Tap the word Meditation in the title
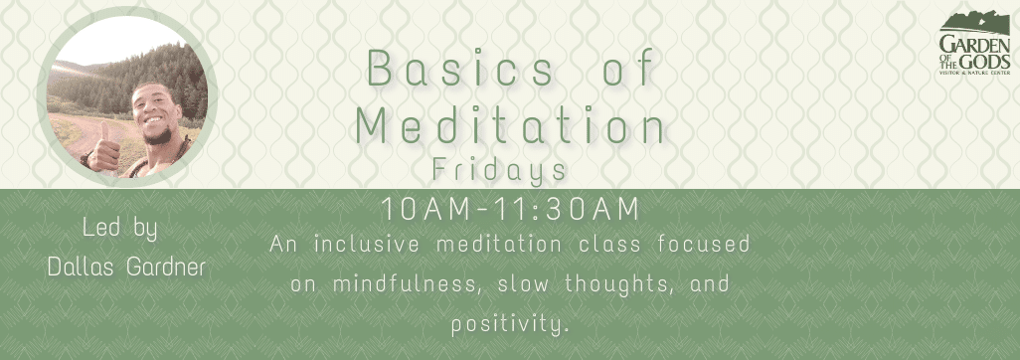[x=510, y=126]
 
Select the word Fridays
[x=500, y=170]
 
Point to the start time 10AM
[x=416, y=210]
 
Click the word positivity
[x=510, y=324]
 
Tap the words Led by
[x=120, y=230]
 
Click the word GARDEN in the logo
[x=974, y=45]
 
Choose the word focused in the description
[x=706, y=244]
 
